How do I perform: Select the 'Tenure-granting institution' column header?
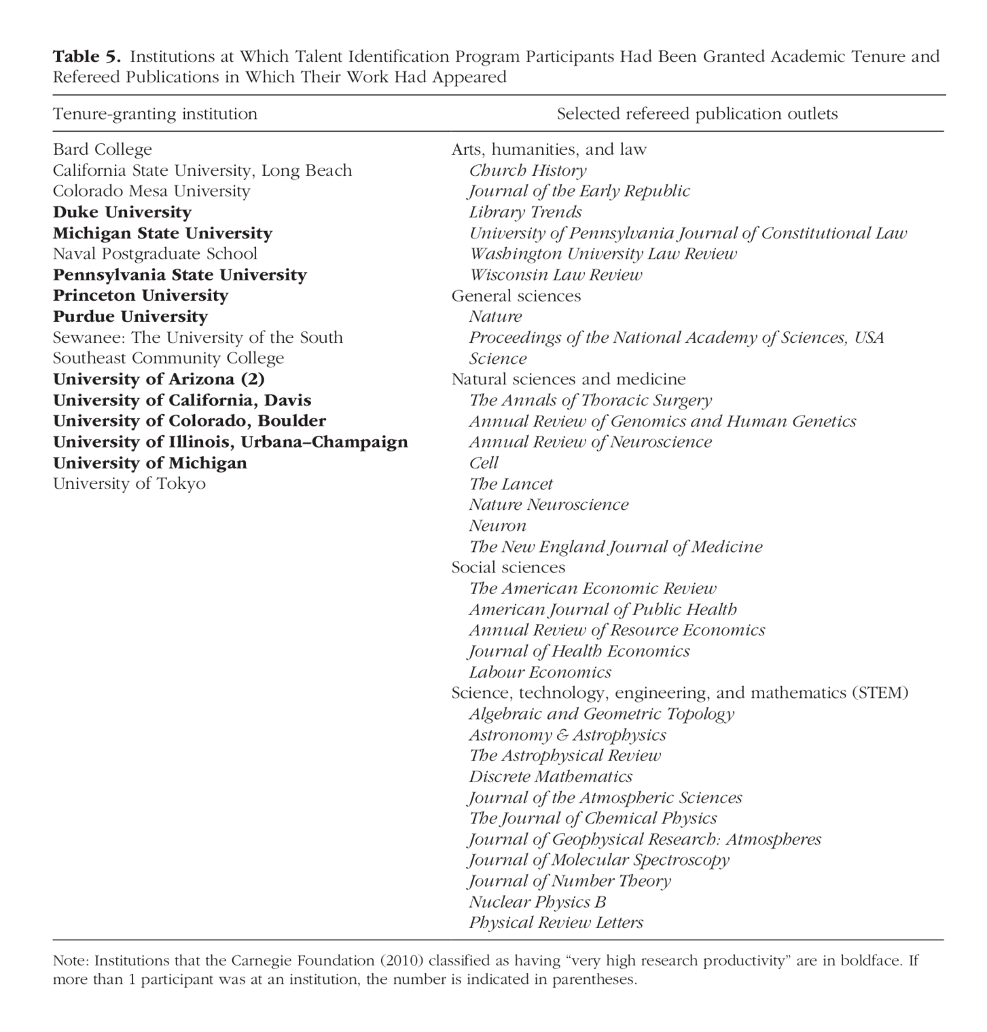tap(155, 114)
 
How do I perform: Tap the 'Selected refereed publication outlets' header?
tap(697, 114)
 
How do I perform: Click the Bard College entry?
tap(103, 149)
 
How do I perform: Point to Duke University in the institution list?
tap(122, 213)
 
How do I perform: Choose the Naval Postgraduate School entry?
tap(155, 254)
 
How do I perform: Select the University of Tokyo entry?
tap(129, 484)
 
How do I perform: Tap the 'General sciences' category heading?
tap(516, 296)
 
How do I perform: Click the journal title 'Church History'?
tap(527, 170)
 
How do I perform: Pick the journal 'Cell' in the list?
tap(484, 463)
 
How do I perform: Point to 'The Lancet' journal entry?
tap(511, 484)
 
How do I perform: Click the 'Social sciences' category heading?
tap(508, 568)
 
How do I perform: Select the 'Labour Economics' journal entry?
tap(540, 672)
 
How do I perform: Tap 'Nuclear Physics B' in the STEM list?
tap(537, 902)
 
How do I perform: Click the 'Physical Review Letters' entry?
tap(556, 923)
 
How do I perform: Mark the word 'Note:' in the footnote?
tap(71, 961)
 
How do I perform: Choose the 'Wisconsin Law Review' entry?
tap(555, 275)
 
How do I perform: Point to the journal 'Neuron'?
tap(497, 526)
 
